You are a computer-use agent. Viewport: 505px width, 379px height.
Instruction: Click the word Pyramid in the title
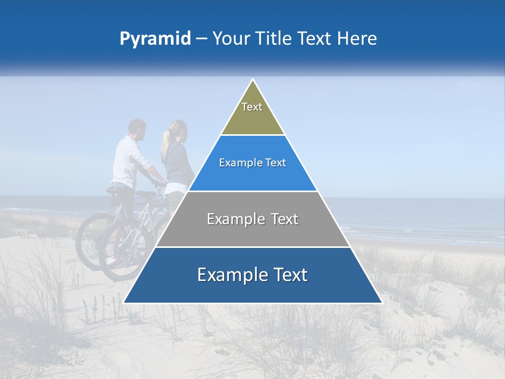pos(155,39)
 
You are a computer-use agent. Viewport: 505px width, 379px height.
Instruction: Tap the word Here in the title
pos(357,38)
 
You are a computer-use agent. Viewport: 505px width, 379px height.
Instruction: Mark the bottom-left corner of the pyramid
pos(124,303)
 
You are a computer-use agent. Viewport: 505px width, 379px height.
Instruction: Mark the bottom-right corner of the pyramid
pos(381,303)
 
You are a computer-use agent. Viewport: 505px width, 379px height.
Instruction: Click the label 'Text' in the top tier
pos(252,107)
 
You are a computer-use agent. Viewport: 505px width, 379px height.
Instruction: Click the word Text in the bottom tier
pos(286,275)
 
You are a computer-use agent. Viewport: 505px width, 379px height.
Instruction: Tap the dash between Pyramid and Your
pos(201,39)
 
